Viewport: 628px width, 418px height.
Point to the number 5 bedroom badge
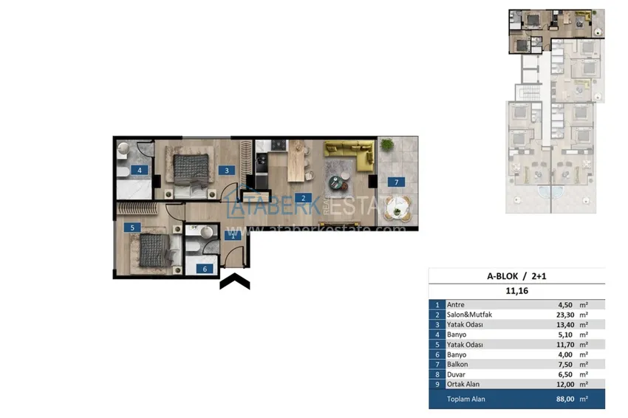(x=132, y=228)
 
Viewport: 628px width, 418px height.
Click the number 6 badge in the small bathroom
(x=205, y=269)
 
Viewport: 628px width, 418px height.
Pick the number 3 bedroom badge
(x=229, y=170)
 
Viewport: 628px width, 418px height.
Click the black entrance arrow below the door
(x=235, y=281)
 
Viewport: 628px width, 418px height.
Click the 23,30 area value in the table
(x=567, y=315)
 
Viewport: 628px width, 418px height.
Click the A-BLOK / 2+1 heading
(x=516, y=276)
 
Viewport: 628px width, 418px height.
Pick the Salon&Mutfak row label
(x=468, y=315)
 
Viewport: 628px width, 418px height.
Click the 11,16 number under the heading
(x=516, y=291)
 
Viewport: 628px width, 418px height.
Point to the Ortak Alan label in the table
(x=463, y=384)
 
